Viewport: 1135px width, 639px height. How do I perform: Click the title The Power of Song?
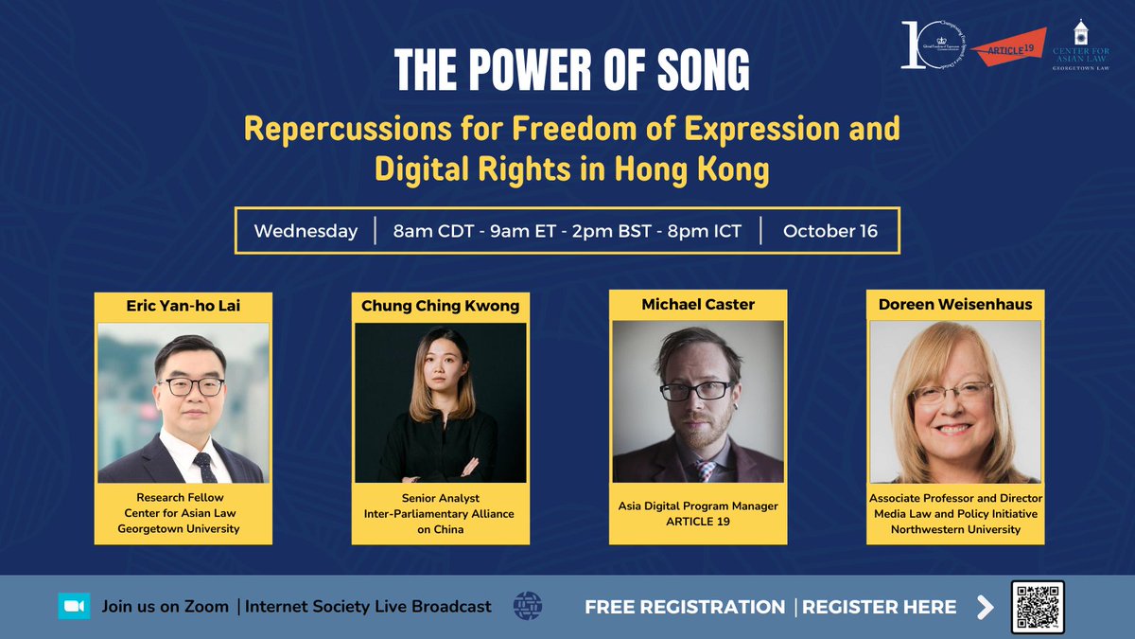click(x=571, y=69)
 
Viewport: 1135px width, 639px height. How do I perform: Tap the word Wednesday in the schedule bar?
click(x=306, y=231)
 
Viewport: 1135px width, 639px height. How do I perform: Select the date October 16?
click(x=829, y=231)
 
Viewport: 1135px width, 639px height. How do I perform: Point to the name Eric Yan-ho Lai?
click(x=183, y=306)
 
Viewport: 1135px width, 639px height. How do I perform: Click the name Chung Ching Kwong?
click(x=439, y=307)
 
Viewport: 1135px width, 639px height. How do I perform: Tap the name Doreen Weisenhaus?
click(x=955, y=305)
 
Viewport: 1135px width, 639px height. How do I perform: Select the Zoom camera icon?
click(x=74, y=607)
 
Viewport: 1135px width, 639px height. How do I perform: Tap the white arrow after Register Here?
click(x=986, y=607)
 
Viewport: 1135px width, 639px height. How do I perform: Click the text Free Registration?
click(x=685, y=607)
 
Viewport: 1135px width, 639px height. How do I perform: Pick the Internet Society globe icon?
click(x=526, y=606)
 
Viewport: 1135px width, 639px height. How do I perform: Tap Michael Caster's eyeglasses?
click(x=695, y=389)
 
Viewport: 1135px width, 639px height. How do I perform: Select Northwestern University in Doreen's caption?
click(x=955, y=529)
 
